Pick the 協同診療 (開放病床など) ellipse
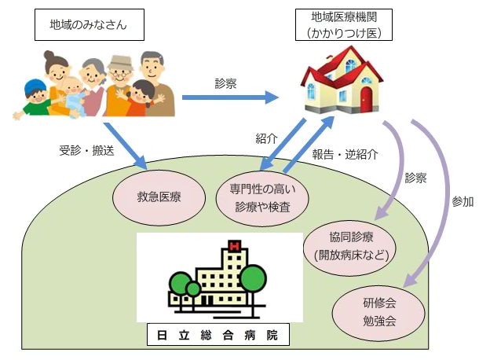pyautogui.click(x=349, y=245)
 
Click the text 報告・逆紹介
pyautogui.click(x=345, y=154)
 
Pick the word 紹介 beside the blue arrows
pyautogui.click(x=266, y=138)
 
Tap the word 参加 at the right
pyautogui.click(x=463, y=201)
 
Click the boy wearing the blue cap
pyautogui.click(x=32, y=94)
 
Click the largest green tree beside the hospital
pyautogui.click(x=254, y=277)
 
